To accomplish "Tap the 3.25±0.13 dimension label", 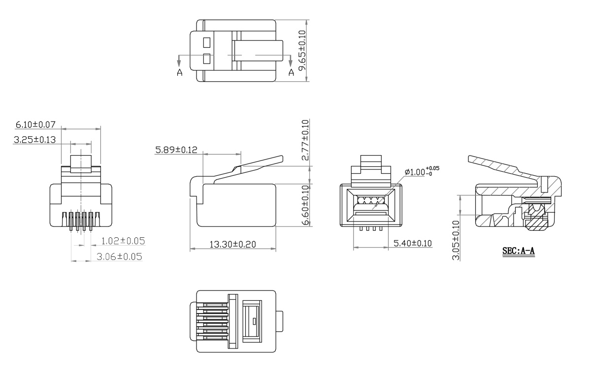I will [x=34, y=140].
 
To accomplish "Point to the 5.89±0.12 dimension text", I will [x=176, y=150].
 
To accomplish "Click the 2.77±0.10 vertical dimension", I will [x=305, y=140].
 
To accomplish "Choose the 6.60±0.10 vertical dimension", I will [x=305, y=204].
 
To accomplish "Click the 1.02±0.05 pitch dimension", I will [x=123, y=241].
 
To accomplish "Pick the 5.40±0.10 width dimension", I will [x=413, y=243].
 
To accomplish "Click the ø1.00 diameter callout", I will [x=422, y=172].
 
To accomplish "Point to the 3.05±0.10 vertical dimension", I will [x=456, y=240].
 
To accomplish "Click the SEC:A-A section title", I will [x=518, y=251].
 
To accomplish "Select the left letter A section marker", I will [x=179, y=72].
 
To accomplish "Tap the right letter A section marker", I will [x=291, y=72].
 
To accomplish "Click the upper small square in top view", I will [x=207, y=42].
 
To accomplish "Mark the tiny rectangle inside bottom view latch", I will [x=254, y=321].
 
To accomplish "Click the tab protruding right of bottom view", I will [x=280, y=321].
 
